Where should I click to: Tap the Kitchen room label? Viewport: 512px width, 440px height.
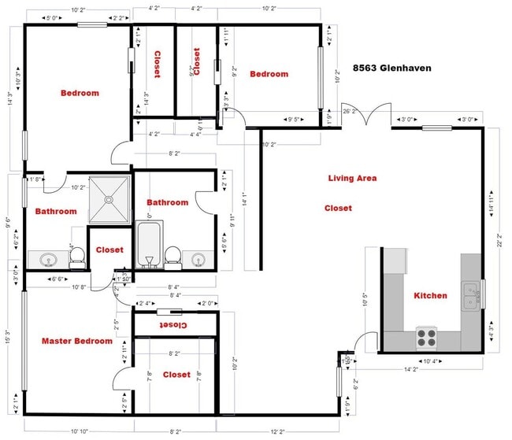tap(430, 296)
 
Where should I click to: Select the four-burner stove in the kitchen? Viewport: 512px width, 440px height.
tap(426, 337)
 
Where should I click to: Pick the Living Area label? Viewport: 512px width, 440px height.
tap(352, 179)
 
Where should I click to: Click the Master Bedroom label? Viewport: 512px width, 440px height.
tap(76, 342)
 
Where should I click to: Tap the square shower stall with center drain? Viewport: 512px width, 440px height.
tap(108, 201)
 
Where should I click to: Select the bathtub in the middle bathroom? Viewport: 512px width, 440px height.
tap(148, 246)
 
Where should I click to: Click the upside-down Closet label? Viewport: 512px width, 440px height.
tap(173, 324)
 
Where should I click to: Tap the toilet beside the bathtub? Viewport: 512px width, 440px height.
tap(173, 257)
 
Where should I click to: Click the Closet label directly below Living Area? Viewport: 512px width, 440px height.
tap(338, 209)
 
